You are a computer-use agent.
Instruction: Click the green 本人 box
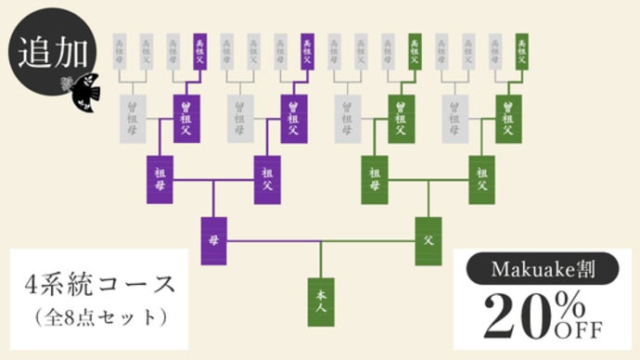(321, 302)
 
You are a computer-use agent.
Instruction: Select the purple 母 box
(213, 240)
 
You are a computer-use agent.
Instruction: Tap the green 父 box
(428, 240)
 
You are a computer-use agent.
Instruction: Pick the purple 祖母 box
(160, 180)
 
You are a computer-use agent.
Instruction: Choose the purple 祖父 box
(267, 180)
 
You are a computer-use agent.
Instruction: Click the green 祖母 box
(375, 180)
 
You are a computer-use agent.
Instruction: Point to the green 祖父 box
(482, 180)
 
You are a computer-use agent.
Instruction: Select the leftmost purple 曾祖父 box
(186, 118)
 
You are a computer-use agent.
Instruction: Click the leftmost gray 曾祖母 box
(133, 118)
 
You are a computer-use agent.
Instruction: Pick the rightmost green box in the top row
(522, 52)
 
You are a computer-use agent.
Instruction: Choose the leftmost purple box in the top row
(199, 52)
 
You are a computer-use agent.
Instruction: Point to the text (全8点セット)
(100, 316)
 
